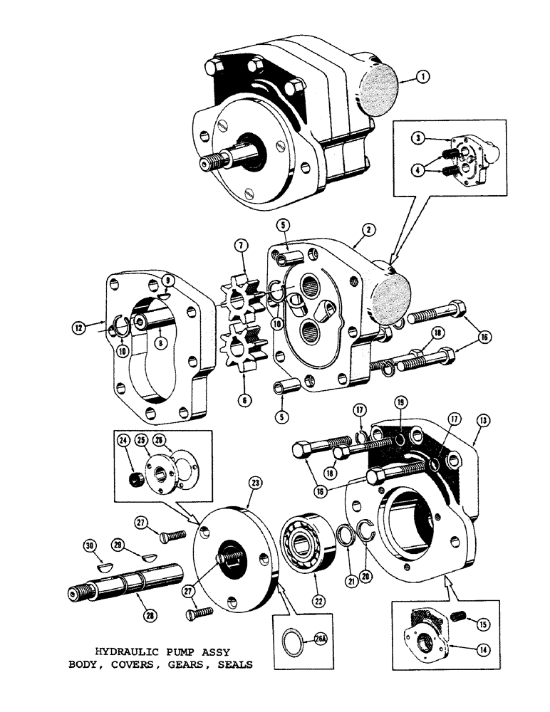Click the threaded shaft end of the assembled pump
coord(210,162)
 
